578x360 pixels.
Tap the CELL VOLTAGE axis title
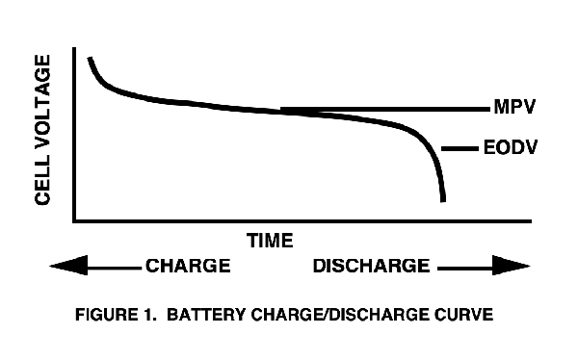(43, 129)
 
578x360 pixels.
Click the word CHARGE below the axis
(188, 265)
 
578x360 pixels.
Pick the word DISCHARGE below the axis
(371, 265)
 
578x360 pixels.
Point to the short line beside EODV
(459, 148)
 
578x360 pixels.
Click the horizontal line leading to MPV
(385, 109)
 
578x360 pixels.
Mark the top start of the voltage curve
(90, 59)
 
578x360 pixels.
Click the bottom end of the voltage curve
(443, 199)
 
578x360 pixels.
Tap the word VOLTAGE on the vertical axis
(43, 108)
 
